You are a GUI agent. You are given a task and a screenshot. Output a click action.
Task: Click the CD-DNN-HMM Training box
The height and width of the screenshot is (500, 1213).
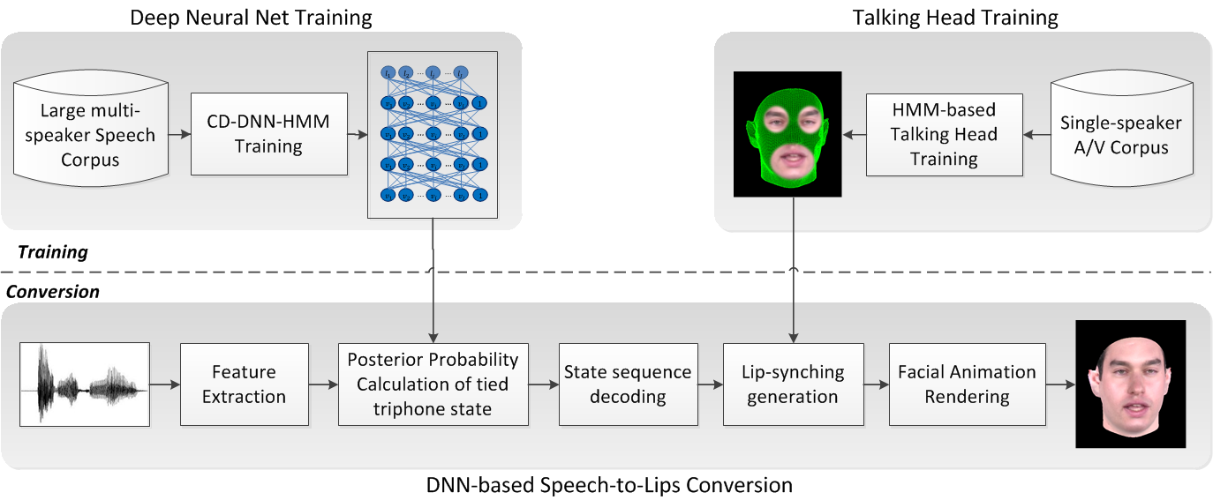(x=268, y=135)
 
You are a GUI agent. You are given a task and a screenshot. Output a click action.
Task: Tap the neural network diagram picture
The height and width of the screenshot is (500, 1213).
(x=433, y=135)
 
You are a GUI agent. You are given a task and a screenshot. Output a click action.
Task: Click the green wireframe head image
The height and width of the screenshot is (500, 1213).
(x=789, y=134)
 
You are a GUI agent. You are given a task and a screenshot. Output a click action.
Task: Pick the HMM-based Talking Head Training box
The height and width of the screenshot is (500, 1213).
(x=944, y=135)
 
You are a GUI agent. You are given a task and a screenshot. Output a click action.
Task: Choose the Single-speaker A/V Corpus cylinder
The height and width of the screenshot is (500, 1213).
(x=1120, y=135)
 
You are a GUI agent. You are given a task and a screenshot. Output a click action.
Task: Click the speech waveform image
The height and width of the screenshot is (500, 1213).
(x=85, y=385)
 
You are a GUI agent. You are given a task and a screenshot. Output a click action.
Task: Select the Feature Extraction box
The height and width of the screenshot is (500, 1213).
(x=244, y=384)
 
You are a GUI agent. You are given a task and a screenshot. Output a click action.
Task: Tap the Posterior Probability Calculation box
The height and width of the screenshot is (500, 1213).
(x=433, y=384)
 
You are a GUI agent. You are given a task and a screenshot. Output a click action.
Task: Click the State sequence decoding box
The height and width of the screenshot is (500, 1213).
(x=627, y=384)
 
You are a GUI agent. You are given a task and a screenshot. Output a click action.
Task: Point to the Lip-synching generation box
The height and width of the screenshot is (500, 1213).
(x=792, y=384)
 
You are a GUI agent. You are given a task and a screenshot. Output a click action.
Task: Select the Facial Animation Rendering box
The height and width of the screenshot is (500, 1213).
(x=967, y=384)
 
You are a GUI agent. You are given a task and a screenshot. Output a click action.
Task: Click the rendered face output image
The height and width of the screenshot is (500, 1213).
(x=1130, y=385)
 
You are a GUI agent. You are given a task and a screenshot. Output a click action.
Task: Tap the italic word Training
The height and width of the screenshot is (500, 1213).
(x=53, y=252)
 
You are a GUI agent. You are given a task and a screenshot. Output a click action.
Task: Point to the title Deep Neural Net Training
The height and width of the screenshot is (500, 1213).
(x=251, y=17)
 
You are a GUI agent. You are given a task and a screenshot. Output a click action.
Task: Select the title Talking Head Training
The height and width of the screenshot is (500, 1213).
(x=955, y=17)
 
